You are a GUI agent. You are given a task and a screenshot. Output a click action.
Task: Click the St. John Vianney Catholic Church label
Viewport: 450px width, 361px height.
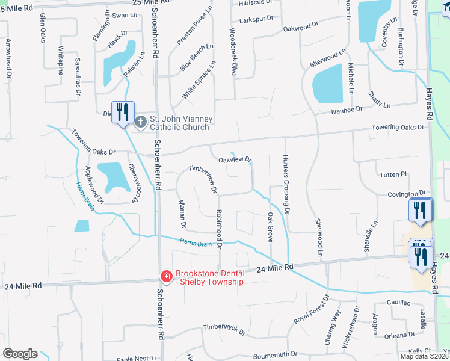(x=179, y=123)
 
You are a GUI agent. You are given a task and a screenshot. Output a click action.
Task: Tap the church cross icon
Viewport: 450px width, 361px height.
(x=140, y=123)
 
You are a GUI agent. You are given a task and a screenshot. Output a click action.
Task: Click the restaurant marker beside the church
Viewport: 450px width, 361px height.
(x=123, y=112)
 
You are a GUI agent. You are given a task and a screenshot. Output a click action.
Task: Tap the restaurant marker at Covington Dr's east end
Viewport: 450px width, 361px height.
(x=420, y=211)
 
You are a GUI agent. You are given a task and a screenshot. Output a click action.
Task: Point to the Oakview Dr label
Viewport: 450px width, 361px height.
(x=235, y=159)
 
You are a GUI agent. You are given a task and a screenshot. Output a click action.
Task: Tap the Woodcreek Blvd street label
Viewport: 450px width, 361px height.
(x=232, y=51)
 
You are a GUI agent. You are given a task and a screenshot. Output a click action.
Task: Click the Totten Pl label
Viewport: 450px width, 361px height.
(x=393, y=174)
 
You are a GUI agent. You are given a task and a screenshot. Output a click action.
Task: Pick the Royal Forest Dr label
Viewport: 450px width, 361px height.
(x=311, y=310)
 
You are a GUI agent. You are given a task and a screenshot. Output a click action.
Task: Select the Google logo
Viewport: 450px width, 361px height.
(x=20, y=354)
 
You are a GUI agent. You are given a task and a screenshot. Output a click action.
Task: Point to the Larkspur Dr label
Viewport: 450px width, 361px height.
(x=256, y=20)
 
